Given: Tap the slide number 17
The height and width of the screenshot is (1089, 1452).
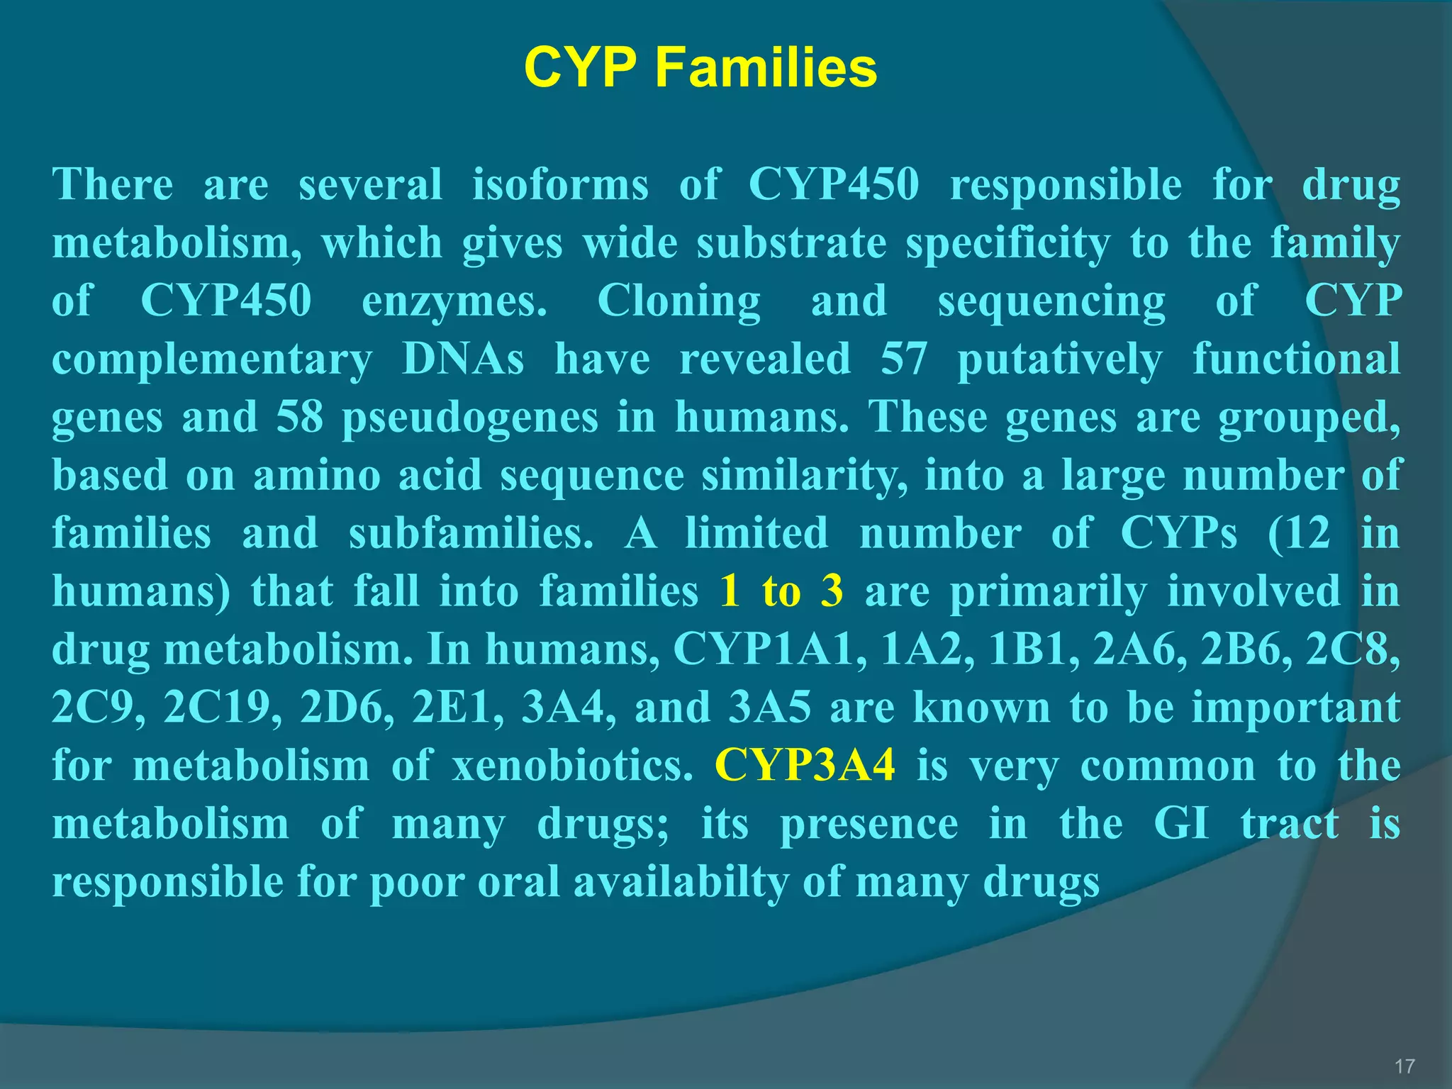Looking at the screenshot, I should pyautogui.click(x=1404, y=1066).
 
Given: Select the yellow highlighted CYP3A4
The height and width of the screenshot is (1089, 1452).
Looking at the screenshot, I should pyautogui.click(x=805, y=766).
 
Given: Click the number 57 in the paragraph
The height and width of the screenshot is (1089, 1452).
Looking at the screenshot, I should pyautogui.click(x=904, y=359).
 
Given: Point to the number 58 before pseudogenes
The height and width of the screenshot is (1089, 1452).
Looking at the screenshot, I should pyautogui.click(x=300, y=417).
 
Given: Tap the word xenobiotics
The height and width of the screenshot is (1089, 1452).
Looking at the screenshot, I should pyautogui.click(x=572, y=766).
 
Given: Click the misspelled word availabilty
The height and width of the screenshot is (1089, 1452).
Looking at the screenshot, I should pyautogui.click(x=681, y=882).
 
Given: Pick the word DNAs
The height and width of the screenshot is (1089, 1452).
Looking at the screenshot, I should pyautogui.click(x=463, y=359).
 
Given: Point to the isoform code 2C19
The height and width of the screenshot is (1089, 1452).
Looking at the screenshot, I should pyautogui.click(x=223, y=708).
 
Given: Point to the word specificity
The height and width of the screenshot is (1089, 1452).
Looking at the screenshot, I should pyautogui.click(x=1007, y=244).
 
